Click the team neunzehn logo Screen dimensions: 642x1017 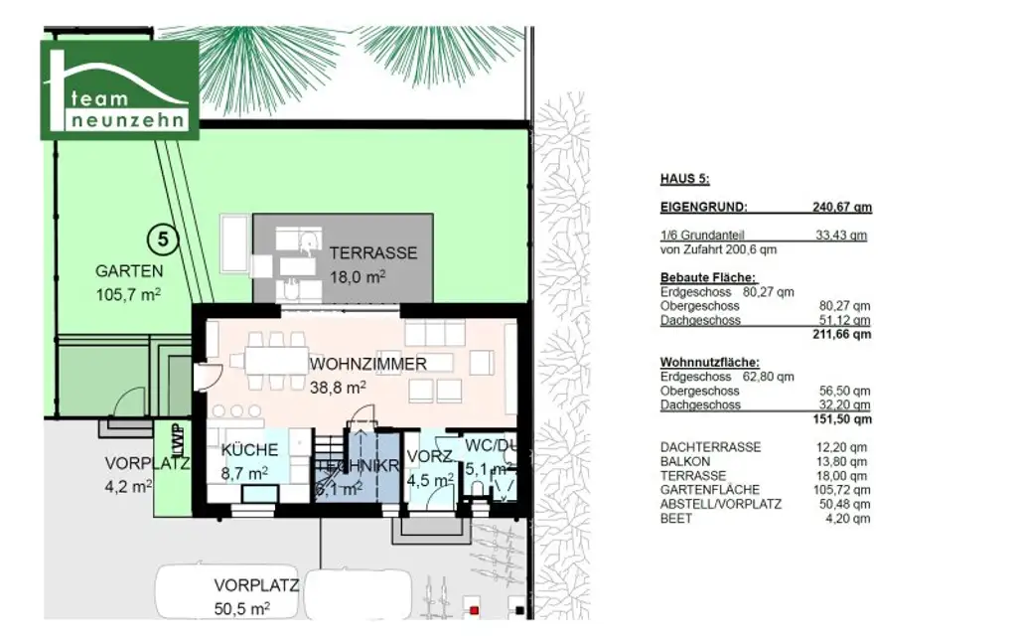click(x=119, y=89)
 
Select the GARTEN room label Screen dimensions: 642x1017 click(x=129, y=270)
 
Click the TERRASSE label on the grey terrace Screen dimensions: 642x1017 click(x=373, y=253)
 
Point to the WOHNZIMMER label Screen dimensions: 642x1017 click(x=367, y=365)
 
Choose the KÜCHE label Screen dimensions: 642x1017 click(x=249, y=450)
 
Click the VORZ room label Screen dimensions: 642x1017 click(x=429, y=456)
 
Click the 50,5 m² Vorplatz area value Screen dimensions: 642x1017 click(x=241, y=608)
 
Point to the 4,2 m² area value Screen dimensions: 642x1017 click(x=129, y=487)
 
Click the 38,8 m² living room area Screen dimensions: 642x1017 click(x=339, y=388)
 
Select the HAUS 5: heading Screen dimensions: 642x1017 click(x=684, y=180)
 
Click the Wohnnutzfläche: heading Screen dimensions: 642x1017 click(x=709, y=363)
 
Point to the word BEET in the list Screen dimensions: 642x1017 click(x=677, y=518)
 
